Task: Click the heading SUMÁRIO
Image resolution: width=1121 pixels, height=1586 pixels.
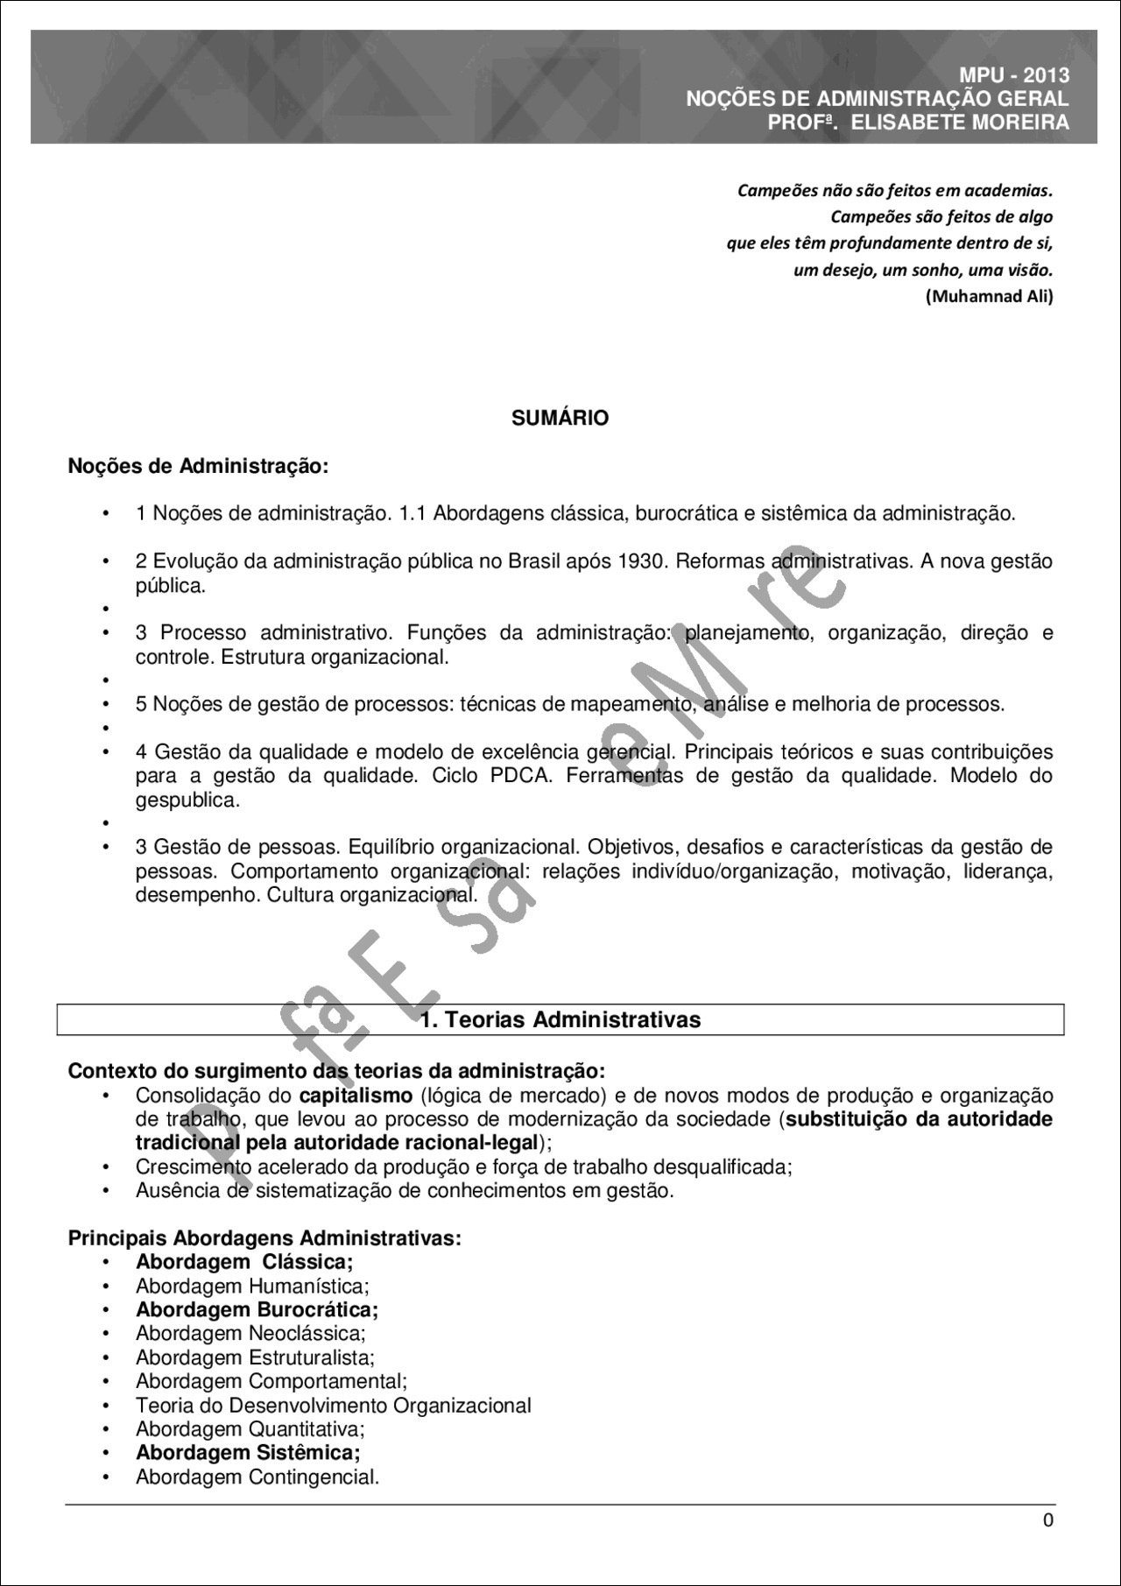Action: (560, 419)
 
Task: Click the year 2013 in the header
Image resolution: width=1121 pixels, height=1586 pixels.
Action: (1046, 76)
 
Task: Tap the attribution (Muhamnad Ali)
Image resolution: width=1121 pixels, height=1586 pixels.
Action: (989, 296)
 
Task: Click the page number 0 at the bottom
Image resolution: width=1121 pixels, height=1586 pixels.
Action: (1047, 1520)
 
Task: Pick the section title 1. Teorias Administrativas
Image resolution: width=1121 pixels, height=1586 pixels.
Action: (560, 1020)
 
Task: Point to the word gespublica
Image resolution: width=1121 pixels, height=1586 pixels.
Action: (187, 800)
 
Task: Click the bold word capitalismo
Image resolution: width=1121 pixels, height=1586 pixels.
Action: (356, 1096)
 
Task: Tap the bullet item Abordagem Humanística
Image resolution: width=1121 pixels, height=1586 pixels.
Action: (252, 1286)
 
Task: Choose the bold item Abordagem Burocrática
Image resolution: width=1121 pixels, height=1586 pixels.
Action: (257, 1310)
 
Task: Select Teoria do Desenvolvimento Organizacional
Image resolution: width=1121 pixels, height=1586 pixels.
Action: (333, 1406)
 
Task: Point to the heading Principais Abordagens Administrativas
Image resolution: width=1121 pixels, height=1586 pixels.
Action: (264, 1238)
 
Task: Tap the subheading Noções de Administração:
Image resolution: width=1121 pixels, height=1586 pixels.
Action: (198, 466)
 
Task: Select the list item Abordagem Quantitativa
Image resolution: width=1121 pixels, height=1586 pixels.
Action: (250, 1429)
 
